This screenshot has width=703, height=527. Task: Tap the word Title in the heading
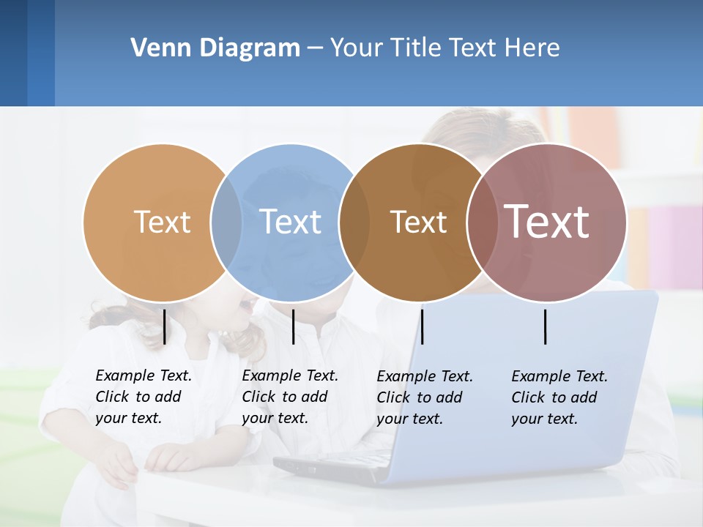tap(415, 48)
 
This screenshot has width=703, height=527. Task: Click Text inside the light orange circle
tap(162, 222)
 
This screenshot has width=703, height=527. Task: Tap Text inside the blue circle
tap(290, 222)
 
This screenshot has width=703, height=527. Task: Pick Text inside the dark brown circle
tap(418, 222)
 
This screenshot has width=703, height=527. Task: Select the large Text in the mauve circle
tap(547, 222)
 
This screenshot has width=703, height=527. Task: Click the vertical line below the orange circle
tap(165, 326)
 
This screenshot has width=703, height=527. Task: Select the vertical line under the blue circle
tap(293, 326)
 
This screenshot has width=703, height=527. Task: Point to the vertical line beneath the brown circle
tap(422, 326)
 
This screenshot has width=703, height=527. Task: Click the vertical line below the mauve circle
tap(546, 326)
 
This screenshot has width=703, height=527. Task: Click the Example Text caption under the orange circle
tap(143, 397)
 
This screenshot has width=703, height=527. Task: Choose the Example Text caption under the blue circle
tap(289, 397)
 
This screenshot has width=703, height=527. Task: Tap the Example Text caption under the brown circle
tap(424, 397)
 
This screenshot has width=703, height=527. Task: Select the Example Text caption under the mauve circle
tap(559, 397)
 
